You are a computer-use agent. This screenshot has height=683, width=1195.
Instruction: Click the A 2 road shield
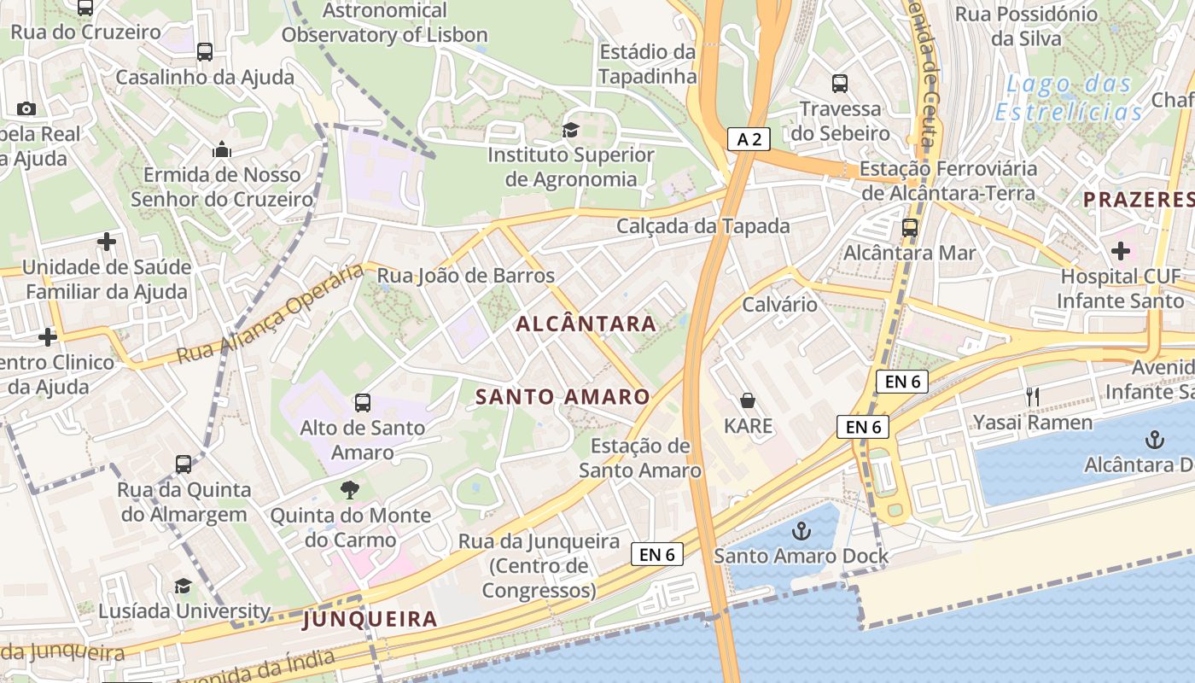point(749,139)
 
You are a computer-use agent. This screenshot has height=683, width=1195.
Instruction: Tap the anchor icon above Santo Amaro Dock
point(801,531)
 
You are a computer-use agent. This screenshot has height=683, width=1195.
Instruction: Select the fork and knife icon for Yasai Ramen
point(1033,396)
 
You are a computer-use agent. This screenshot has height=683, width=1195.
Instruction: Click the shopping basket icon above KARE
point(748,400)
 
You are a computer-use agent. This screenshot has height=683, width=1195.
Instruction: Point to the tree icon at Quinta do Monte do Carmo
point(349,490)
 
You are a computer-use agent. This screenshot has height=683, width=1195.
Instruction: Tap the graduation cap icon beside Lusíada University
point(183,586)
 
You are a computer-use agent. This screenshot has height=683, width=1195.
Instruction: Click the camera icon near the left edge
point(26,108)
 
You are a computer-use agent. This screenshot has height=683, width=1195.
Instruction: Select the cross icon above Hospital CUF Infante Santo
point(1120,251)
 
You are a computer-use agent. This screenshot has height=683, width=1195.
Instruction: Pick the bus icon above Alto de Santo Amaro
point(363,402)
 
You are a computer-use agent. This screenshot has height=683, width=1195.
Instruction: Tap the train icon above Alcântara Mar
point(910,228)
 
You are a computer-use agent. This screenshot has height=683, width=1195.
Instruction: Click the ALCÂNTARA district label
point(586,324)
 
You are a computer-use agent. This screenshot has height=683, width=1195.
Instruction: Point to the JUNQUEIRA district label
point(370,619)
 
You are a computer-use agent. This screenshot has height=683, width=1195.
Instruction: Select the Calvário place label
point(779,305)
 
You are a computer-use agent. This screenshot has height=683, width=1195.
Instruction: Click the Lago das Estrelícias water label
point(1069,97)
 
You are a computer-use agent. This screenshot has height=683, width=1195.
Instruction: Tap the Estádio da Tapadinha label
point(647,64)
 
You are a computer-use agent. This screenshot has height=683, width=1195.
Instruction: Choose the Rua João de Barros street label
point(466,276)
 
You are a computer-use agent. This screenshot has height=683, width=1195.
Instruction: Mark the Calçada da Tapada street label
point(703,226)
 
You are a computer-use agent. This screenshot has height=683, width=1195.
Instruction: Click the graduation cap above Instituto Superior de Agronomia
point(570,130)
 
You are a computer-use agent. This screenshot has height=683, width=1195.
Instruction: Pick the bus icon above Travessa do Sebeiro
point(840,84)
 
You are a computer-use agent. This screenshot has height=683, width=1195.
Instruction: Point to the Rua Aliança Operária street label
point(271,314)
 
